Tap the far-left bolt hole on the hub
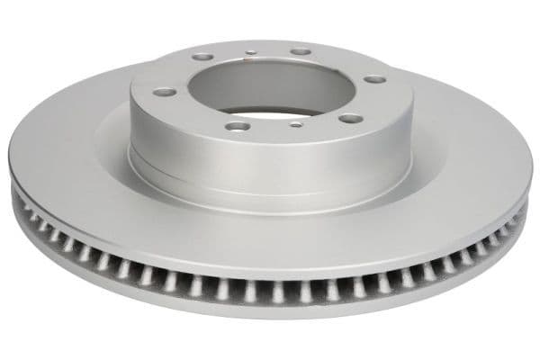tap(163, 92)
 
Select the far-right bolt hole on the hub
tap(374, 79)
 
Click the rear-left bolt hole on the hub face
tap(204, 57)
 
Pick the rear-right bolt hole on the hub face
tap(301, 51)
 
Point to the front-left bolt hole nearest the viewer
tap(237, 126)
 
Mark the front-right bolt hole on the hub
tap(350, 118)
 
